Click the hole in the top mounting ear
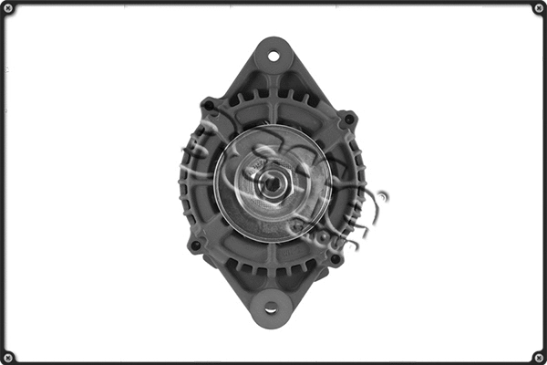pyautogui.click(x=273, y=57)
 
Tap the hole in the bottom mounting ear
pyautogui.click(x=271, y=308)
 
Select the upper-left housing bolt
pyautogui.click(x=210, y=106)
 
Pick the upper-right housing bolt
pyautogui.click(x=347, y=119)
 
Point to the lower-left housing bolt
pyautogui.click(x=194, y=245)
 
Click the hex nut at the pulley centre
pyautogui.click(x=272, y=182)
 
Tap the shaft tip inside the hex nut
pyautogui.click(x=272, y=182)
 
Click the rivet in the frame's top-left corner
pyautogui.click(x=8, y=8)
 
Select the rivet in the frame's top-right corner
pyautogui.click(x=539, y=8)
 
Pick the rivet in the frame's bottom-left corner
pyautogui.click(x=8, y=357)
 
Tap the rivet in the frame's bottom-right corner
pyautogui.click(x=539, y=357)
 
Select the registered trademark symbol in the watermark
pyautogui.click(x=383, y=194)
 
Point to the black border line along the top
pyautogui.click(x=273, y=2)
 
